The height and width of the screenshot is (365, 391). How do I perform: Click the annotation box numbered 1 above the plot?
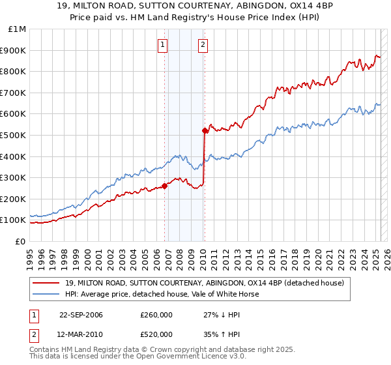162,45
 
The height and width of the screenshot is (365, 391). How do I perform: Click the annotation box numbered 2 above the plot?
203,45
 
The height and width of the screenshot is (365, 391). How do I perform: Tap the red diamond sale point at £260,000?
165,186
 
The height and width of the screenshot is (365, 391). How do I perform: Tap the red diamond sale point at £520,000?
205,130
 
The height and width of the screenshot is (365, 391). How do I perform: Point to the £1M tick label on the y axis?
18,29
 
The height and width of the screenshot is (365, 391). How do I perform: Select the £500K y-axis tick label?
14,135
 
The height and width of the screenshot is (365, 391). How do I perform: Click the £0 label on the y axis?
20,241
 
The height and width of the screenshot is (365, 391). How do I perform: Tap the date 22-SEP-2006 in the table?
81,315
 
